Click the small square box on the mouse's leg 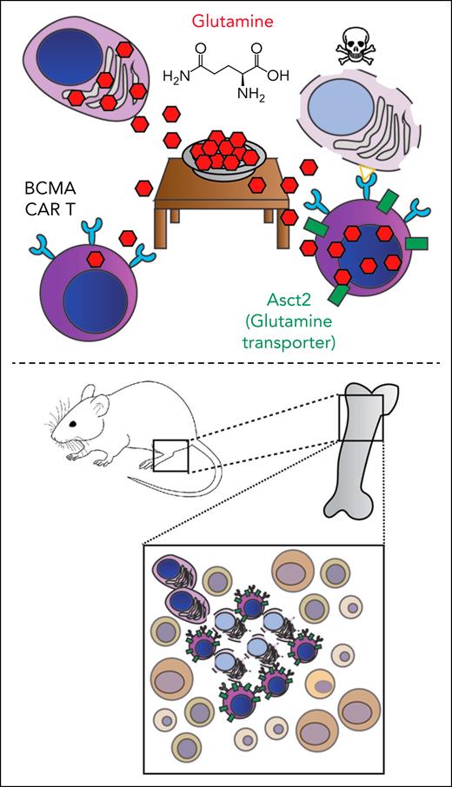click(169, 454)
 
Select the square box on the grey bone click(360, 416)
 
